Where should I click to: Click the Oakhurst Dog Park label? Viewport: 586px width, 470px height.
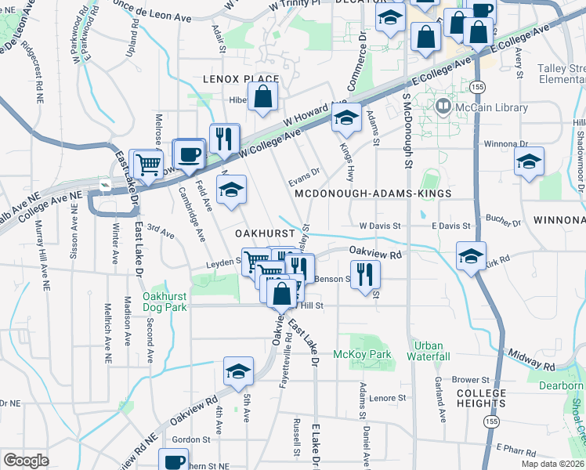[x=165, y=302]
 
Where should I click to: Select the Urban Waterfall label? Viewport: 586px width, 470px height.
[x=429, y=350]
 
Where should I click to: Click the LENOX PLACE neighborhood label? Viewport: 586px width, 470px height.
[x=241, y=79]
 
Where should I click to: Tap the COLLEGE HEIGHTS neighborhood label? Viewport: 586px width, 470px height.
[x=481, y=398]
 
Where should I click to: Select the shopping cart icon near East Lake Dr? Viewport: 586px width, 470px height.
[x=148, y=164]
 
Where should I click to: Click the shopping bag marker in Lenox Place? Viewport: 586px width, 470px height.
[x=264, y=98]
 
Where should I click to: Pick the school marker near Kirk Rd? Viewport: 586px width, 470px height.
[x=471, y=257]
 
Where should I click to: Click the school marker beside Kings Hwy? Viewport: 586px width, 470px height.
[x=345, y=119]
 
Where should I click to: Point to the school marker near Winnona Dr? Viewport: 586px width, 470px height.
[x=530, y=161]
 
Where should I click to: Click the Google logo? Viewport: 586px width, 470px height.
[x=27, y=460]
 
